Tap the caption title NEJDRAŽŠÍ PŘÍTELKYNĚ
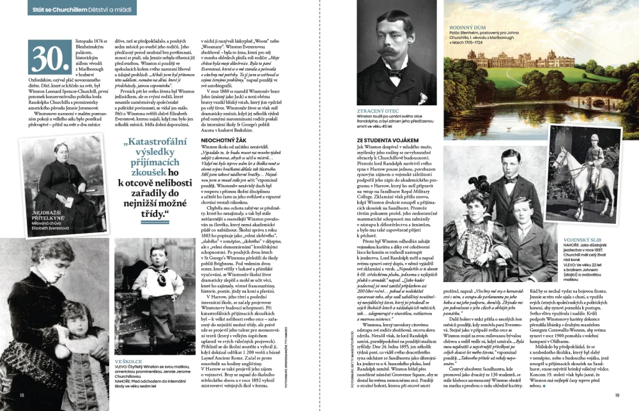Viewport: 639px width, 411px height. [x=49, y=215]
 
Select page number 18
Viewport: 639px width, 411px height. [x=22, y=395]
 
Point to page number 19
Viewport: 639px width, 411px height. [x=617, y=395]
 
